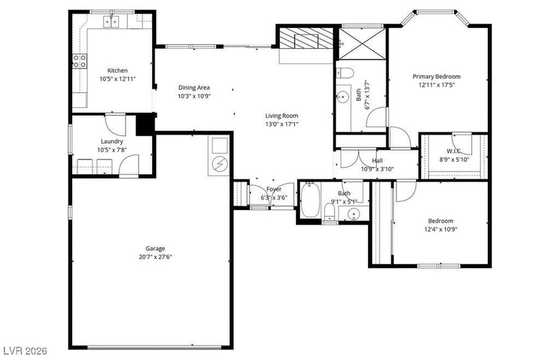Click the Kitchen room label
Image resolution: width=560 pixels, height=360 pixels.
pyautogui.click(x=117, y=71)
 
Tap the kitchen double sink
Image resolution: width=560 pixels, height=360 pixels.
pyautogui.click(x=112, y=21)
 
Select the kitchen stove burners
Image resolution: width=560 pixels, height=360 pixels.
pyautogui.click(x=79, y=61)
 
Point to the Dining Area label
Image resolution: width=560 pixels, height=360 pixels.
pyautogui.click(x=194, y=87)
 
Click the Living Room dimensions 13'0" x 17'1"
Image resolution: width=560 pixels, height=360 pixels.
pyautogui.click(x=282, y=124)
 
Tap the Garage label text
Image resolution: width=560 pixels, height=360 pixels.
pyautogui.click(x=155, y=249)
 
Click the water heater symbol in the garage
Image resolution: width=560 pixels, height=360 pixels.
pyautogui.click(x=219, y=164)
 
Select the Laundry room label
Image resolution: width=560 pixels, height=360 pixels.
pyautogui.click(x=112, y=141)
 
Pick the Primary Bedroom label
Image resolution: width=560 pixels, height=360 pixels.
pyautogui.click(x=437, y=77)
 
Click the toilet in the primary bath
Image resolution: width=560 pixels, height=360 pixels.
pyautogui.click(x=345, y=73)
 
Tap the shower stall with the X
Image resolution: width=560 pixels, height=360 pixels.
pyautogui.click(x=362, y=44)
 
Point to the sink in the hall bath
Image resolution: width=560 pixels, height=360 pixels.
pyautogui.click(x=354, y=213)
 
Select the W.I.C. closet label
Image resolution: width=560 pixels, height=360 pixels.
pyautogui.click(x=453, y=151)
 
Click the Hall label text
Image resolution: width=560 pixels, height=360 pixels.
pyautogui.click(x=377, y=161)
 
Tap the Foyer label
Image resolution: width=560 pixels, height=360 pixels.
pyautogui.click(x=274, y=189)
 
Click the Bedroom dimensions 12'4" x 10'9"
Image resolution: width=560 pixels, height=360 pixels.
pyautogui.click(x=441, y=229)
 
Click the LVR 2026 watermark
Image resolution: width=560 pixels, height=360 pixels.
pyautogui.click(x=24, y=351)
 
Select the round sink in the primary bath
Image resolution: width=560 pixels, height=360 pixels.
pyautogui.click(x=343, y=97)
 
